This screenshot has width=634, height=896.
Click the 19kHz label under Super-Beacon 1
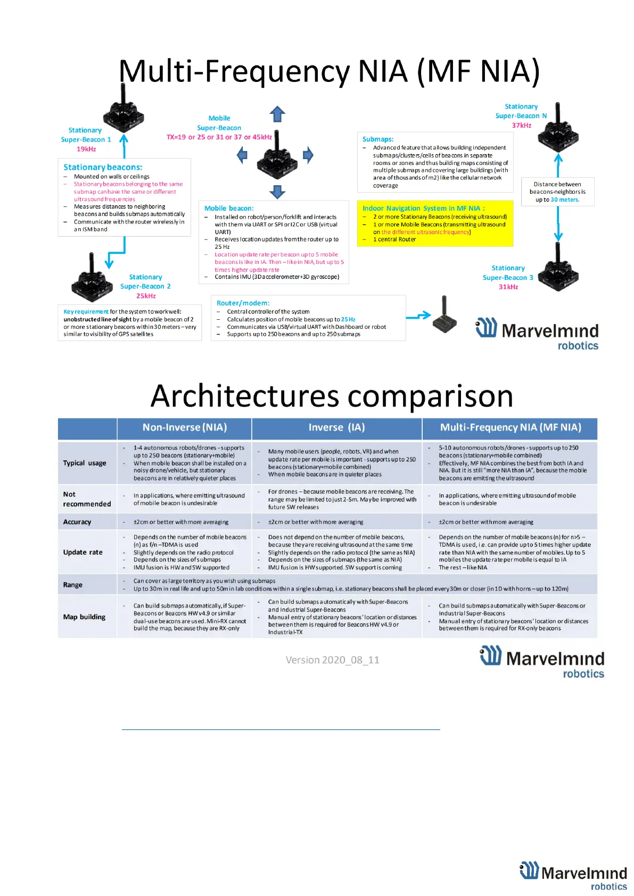(86, 149)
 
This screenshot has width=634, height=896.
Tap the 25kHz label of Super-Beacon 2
(146, 296)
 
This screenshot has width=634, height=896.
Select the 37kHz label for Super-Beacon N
(522, 126)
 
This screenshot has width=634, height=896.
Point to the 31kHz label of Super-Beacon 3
(508, 287)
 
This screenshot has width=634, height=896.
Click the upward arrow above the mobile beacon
(277, 114)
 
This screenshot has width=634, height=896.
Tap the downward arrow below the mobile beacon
(277, 192)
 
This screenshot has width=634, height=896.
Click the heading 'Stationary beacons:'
(103, 167)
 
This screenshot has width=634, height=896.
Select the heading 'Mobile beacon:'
(229, 209)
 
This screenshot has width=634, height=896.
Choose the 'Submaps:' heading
(378, 139)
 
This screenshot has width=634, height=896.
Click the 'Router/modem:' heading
(243, 303)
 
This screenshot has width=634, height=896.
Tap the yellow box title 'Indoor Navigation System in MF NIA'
(423, 209)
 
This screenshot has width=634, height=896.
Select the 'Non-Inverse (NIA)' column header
(185, 428)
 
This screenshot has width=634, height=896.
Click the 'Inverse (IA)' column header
(336, 428)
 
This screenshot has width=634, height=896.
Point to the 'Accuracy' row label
(77, 522)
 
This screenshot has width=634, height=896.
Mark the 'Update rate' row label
(83, 552)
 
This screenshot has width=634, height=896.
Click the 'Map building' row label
(84, 617)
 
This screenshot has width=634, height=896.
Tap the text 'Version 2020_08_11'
(332, 660)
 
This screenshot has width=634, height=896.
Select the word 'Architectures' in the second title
(245, 396)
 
